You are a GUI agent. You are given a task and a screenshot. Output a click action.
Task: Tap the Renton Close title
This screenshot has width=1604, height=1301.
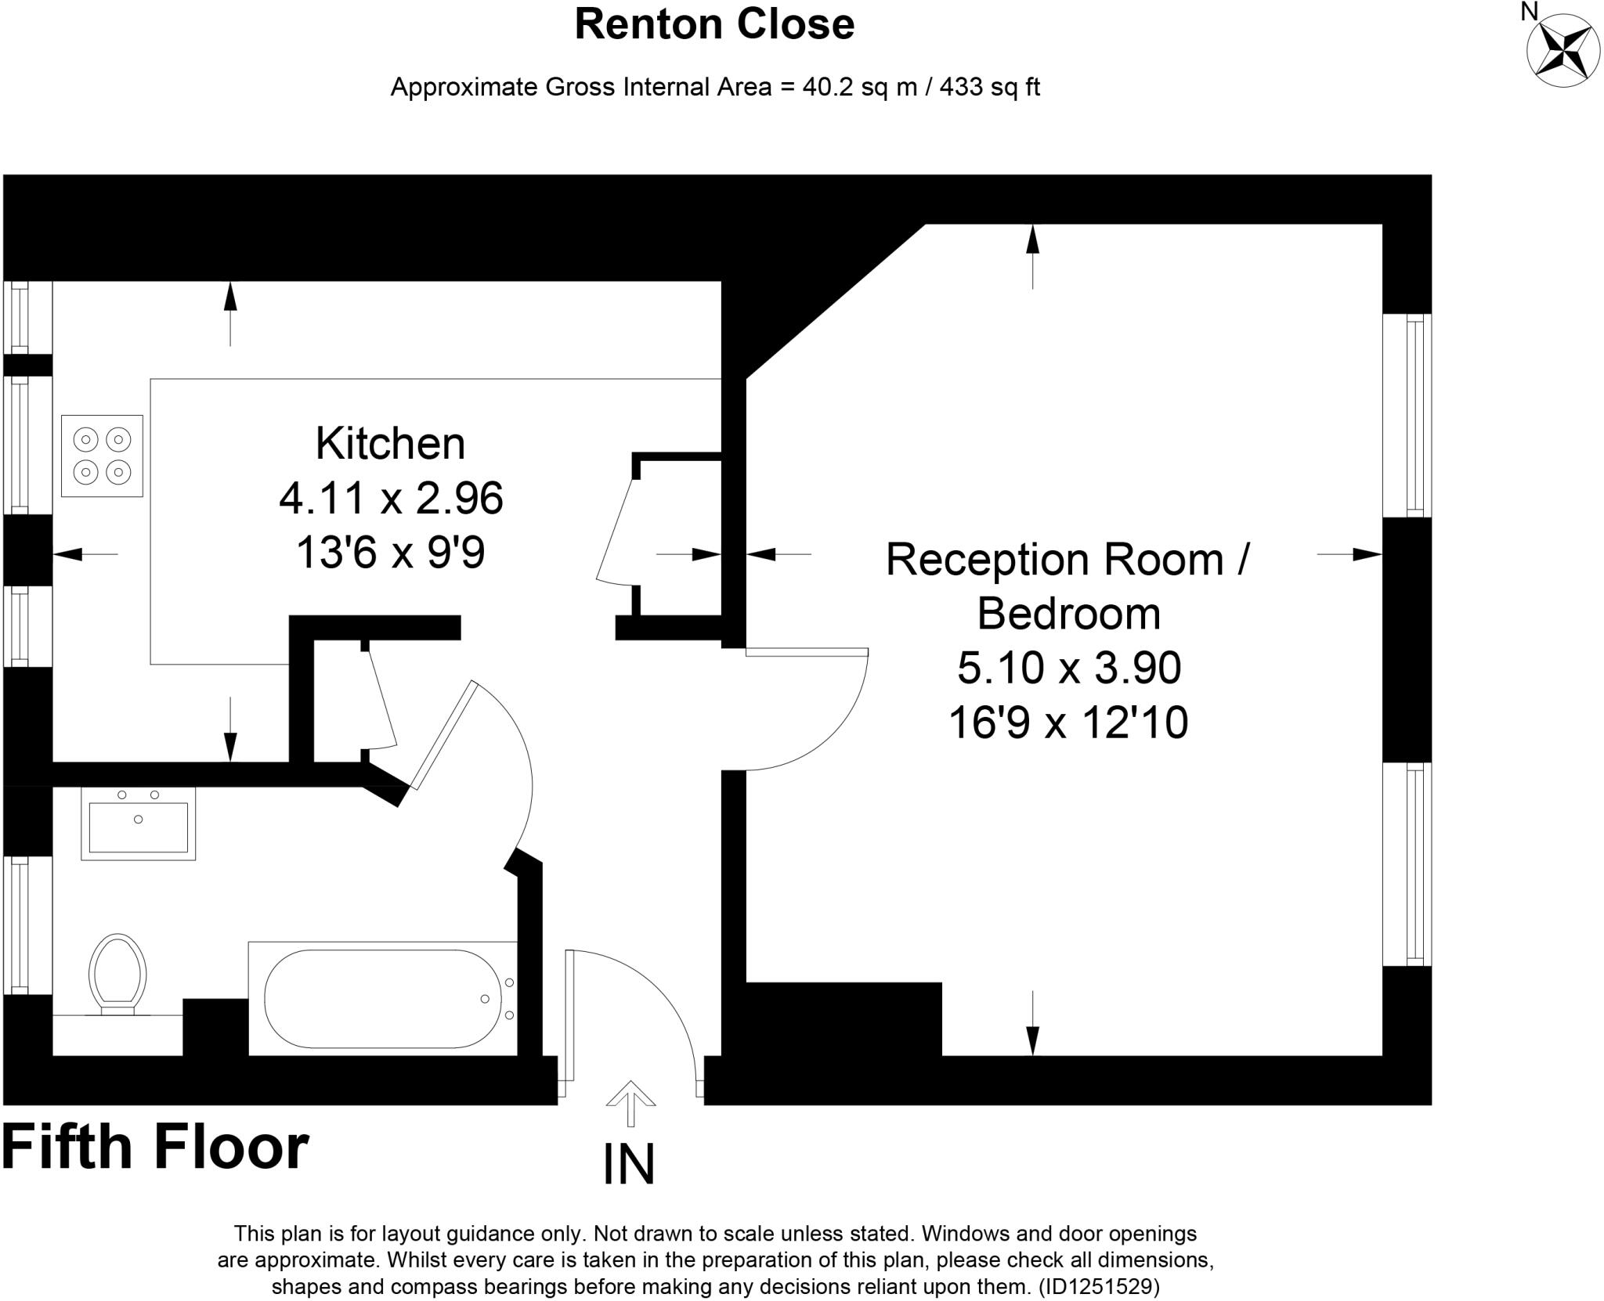point(713,24)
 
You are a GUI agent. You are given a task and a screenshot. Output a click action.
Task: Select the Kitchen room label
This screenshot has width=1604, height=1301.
point(390,444)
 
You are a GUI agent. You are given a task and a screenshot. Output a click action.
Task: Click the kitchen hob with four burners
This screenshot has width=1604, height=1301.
point(103,456)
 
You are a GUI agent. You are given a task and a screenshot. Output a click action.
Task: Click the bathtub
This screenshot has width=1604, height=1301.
point(383,998)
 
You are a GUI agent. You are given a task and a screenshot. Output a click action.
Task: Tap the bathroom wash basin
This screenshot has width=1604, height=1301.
point(139,824)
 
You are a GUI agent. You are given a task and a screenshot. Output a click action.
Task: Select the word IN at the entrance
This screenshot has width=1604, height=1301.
point(629,1165)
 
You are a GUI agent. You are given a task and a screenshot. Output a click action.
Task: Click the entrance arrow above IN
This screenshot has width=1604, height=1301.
point(630,1096)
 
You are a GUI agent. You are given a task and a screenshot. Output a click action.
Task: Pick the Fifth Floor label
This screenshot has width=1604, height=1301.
point(155,1148)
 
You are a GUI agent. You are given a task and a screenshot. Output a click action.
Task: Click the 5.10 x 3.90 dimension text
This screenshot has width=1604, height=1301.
point(1068,668)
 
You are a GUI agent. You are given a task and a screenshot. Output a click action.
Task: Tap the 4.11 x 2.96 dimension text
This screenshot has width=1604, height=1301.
point(390,498)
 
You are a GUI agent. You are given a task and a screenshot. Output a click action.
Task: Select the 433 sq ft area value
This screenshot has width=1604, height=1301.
point(989,87)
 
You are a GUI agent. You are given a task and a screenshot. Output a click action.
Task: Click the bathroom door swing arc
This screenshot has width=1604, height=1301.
point(517,751)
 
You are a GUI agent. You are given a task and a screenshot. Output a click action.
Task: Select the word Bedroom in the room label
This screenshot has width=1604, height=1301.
point(1068,613)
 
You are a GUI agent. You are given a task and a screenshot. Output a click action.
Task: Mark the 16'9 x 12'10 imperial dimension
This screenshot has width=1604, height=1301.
point(1068,722)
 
